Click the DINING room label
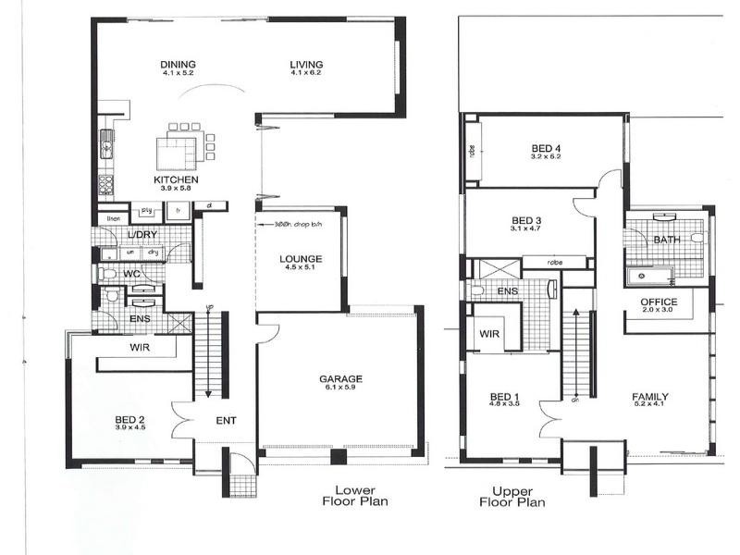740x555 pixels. pos(178,64)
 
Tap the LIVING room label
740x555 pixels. pos(305,64)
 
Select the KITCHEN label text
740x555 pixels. pos(176,179)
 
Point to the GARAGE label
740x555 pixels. pos(340,378)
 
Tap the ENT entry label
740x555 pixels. pos(226,421)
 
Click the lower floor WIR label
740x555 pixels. pos(140,348)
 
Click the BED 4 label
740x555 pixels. pos(546,148)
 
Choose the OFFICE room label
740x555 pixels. pos(659,302)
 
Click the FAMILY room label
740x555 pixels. pos(650,398)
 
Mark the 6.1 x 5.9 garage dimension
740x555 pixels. pos(340,388)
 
